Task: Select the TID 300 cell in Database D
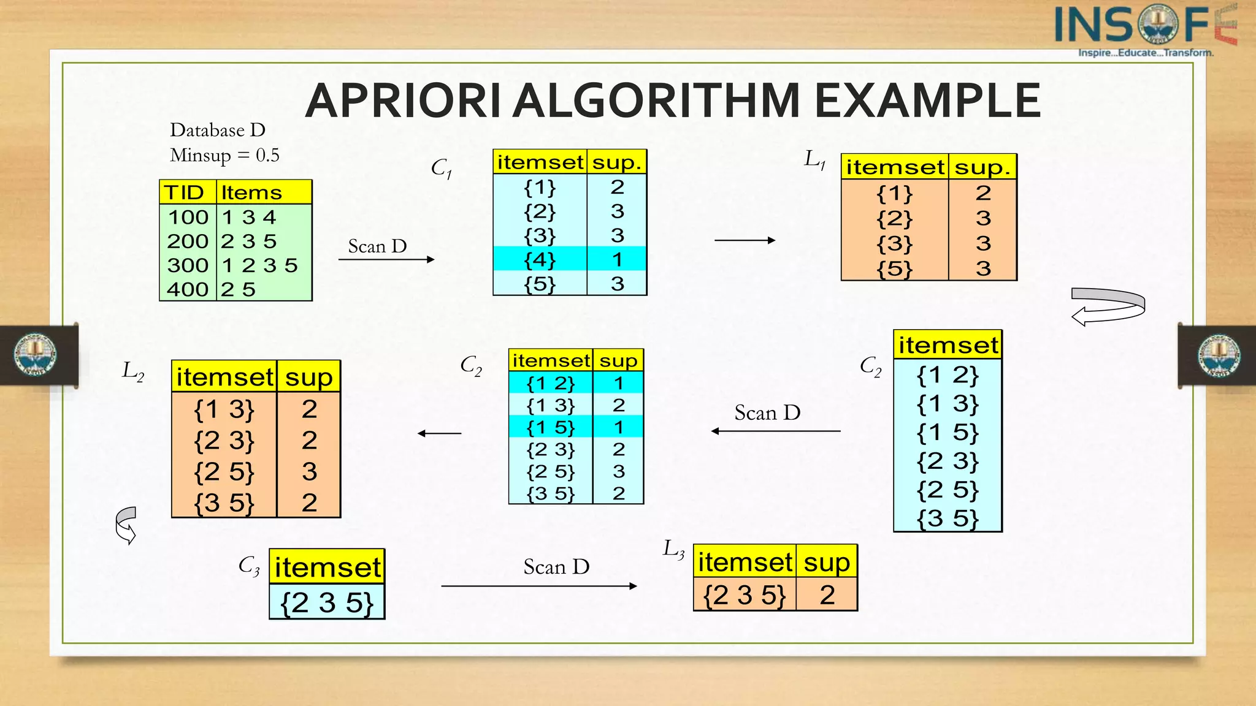click(188, 265)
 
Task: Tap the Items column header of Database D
click(251, 192)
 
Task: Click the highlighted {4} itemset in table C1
click(540, 259)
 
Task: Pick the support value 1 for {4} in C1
click(617, 259)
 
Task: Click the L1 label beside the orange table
click(815, 160)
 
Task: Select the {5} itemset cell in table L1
click(894, 268)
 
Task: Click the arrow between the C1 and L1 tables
click(745, 240)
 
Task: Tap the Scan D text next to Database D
click(377, 246)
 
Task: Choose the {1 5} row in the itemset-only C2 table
click(948, 433)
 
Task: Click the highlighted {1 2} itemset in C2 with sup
click(551, 383)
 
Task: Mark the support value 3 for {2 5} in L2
click(309, 471)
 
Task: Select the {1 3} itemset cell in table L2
click(224, 409)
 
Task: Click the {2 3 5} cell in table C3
click(327, 602)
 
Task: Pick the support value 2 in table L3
click(827, 595)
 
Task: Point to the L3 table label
click(673, 548)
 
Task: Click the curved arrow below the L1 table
click(1108, 306)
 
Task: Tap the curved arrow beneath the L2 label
click(126, 525)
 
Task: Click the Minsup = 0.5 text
click(224, 156)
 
